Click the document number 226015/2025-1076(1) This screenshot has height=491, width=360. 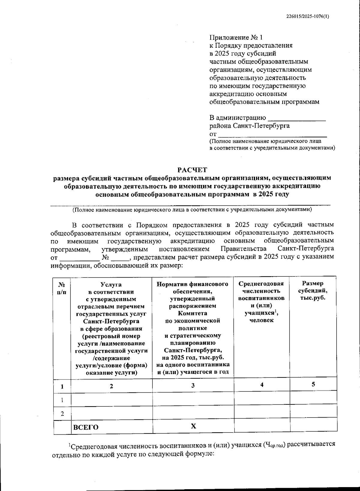pyautogui.click(x=307, y=17)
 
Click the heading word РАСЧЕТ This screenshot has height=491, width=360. pyautogui.click(x=192, y=170)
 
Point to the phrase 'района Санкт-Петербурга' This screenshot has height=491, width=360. pyautogui.click(x=249, y=126)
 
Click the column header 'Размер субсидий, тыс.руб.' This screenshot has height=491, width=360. pyautogui.click(x=313, y=291)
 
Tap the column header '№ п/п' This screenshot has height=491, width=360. pyautogui.click(x=62, y=288)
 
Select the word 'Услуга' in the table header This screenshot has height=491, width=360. pyautogui.click(x=111, y=284)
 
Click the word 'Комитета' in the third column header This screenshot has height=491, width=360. pyautogui.click(x=193, y=313)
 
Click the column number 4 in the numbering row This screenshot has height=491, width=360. pyautogui.click(x=262, y=385)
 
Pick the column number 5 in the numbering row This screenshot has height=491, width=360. pyautogui.click(x=313, y=384)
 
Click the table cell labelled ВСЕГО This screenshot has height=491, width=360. pyautogui.click(x=86, y=427)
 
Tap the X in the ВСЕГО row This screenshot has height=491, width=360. pyautogui.click(x=193, y=426)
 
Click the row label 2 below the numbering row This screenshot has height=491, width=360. pyautogui.click(x=62, y=414)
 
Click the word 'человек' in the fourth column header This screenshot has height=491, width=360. pyautogui.click(x=262, y=320)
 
